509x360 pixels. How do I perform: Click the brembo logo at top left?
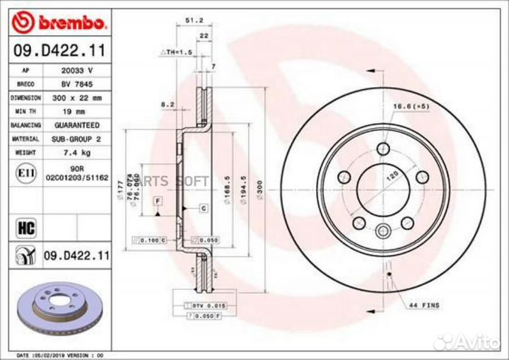[x=60, y=23]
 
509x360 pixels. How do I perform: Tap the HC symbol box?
[x=25, y=227]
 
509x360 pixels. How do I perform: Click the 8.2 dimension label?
[x=168, y=104]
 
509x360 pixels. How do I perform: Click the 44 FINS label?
[x=423, y=305]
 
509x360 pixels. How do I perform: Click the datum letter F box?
[x=157, y=202]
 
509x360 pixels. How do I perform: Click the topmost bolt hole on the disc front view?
[x=383, y=148]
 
